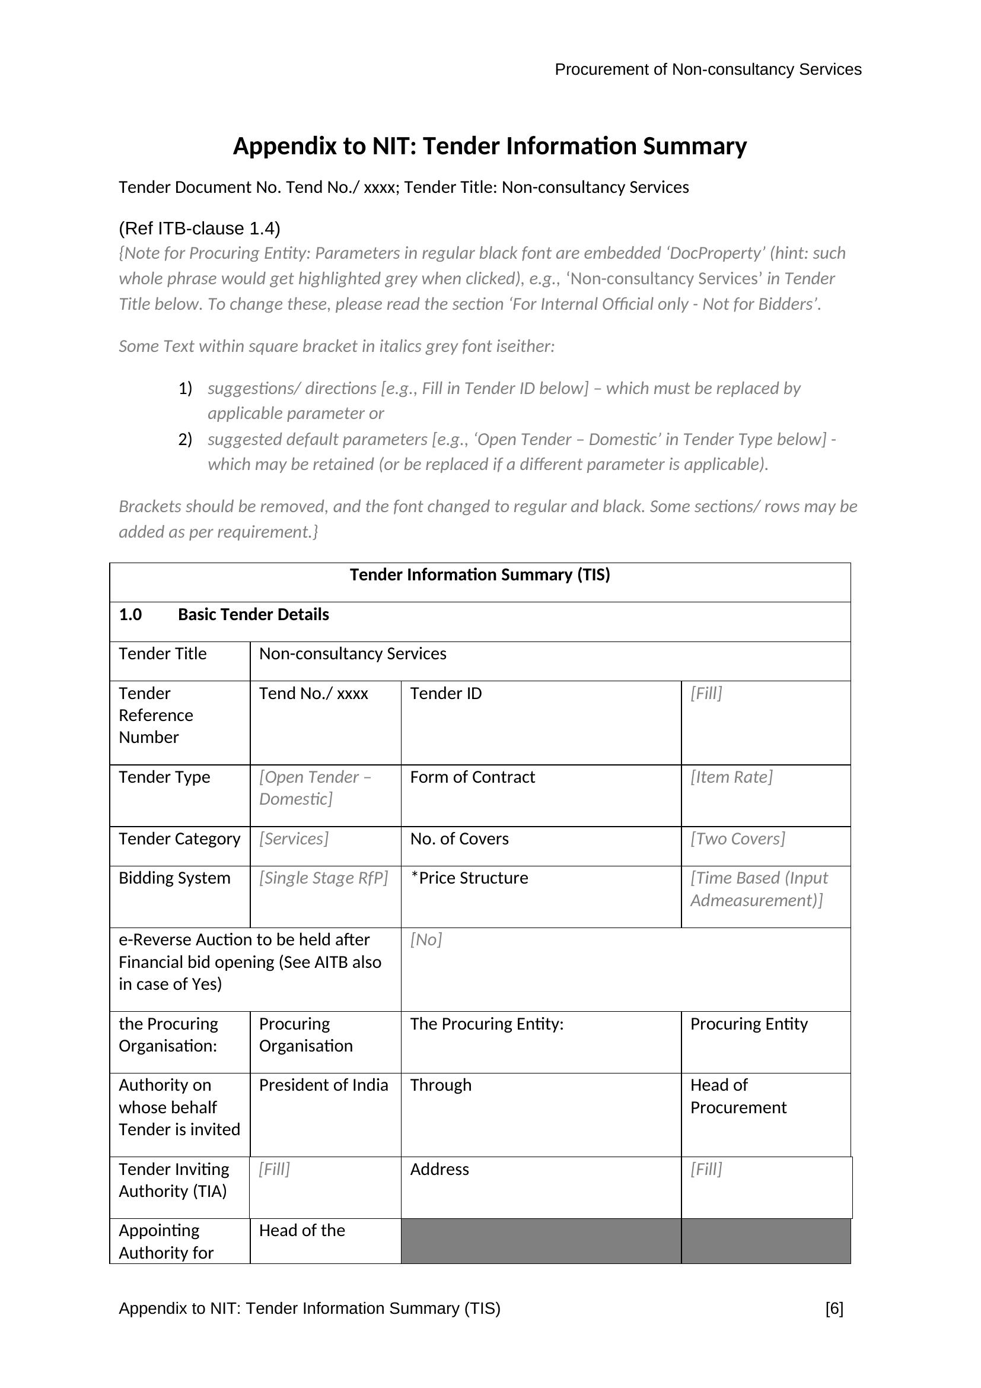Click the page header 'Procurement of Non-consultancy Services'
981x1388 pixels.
[x=708, y=69]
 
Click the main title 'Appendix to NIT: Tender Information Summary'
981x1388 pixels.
[x=490, y=147]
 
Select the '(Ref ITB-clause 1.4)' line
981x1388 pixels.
[x=199, y=228]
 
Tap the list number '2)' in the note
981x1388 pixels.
[x=185, y=439]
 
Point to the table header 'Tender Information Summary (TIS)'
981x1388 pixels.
[x=480, y=574]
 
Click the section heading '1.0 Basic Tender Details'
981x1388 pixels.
[x=224, y=615]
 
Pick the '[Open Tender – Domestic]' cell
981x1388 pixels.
[x=316, y=787]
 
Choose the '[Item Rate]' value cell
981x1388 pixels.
[x=731, y=777]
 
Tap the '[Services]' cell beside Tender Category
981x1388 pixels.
[x=294, y=838]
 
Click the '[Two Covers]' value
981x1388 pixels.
[x=737, y=838]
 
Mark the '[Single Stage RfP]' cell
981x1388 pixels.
[x=323, y=878]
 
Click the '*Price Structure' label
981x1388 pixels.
[x=469, y=878]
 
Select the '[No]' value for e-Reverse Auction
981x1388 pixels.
[x=426, y=939]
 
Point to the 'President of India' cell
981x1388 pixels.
[x=323, y=1085]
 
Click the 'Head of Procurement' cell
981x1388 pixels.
[x=738, y=1096]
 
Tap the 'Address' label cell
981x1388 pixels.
[x=439, y=1169]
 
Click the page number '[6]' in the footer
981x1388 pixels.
[x=833, y=1308]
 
